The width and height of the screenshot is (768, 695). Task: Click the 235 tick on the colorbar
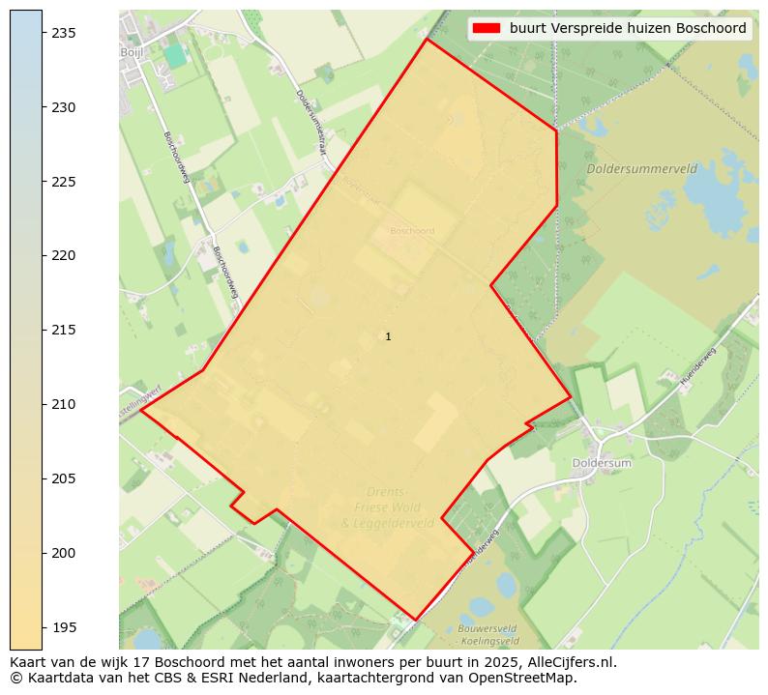tap(64, 33)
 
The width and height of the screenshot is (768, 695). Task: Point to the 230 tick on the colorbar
tap(64, 107)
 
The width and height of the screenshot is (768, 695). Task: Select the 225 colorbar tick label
tap(64, 182)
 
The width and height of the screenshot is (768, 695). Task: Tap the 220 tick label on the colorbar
tap(64, 256)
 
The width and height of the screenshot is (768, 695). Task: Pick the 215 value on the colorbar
tap(64, 331)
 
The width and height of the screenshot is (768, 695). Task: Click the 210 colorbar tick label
tap(64, 404)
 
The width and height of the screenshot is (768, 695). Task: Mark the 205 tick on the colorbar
tap(64, 478)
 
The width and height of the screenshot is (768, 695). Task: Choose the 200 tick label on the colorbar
tap(64, 553)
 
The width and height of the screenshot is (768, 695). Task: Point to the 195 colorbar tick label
tap(64, 627)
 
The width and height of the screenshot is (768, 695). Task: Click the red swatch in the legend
tap(487, 28)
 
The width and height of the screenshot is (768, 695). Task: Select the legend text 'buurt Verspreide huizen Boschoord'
tap(628, 28)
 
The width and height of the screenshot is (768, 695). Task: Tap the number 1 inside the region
tap(388, 336)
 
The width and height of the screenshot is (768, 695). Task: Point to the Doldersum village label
tap(601, 463)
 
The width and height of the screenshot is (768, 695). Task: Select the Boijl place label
tap(131, 51)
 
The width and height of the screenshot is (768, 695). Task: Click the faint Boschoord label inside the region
tap(412, 231)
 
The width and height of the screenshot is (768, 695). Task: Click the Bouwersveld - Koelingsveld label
tap(487, 634)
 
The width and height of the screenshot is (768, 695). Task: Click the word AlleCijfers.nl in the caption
tap(568, 662)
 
